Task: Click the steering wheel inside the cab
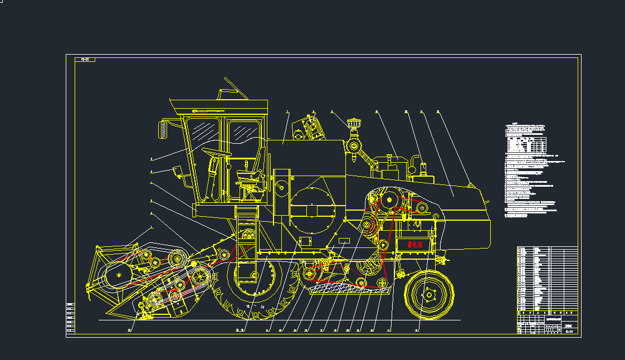click(x=216, y=152)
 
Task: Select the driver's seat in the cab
click(x=254, y=169)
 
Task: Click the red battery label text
click(x=415, y=244)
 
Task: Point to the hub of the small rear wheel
click(x=428, y=295)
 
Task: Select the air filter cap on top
click(x=352, y=121)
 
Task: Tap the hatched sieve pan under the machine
click(x=345, y=288)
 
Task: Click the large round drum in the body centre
click(x=312, y=210)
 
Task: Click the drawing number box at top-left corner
click(x=85, y=59)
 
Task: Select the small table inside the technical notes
click(x=527, y=144)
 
